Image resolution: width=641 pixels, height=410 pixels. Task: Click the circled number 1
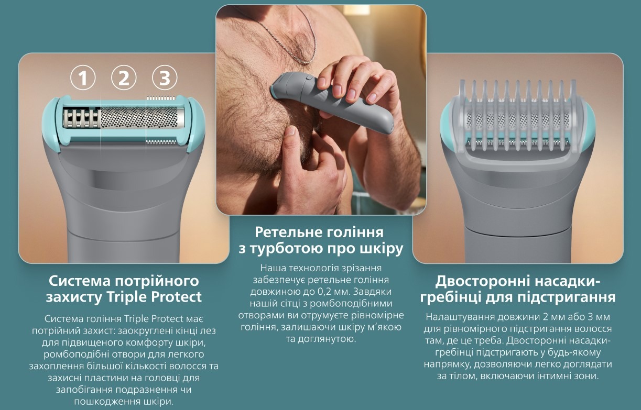83,78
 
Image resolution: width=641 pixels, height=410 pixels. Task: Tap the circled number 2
124,78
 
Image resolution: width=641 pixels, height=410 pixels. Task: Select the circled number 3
165,78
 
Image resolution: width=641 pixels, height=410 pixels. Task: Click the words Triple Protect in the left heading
154,297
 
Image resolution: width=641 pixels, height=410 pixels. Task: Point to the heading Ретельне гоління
319,232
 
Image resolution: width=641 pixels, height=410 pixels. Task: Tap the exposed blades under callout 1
82,118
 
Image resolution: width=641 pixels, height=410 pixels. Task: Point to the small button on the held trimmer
308,77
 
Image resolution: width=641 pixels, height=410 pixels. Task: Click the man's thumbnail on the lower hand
291,131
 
